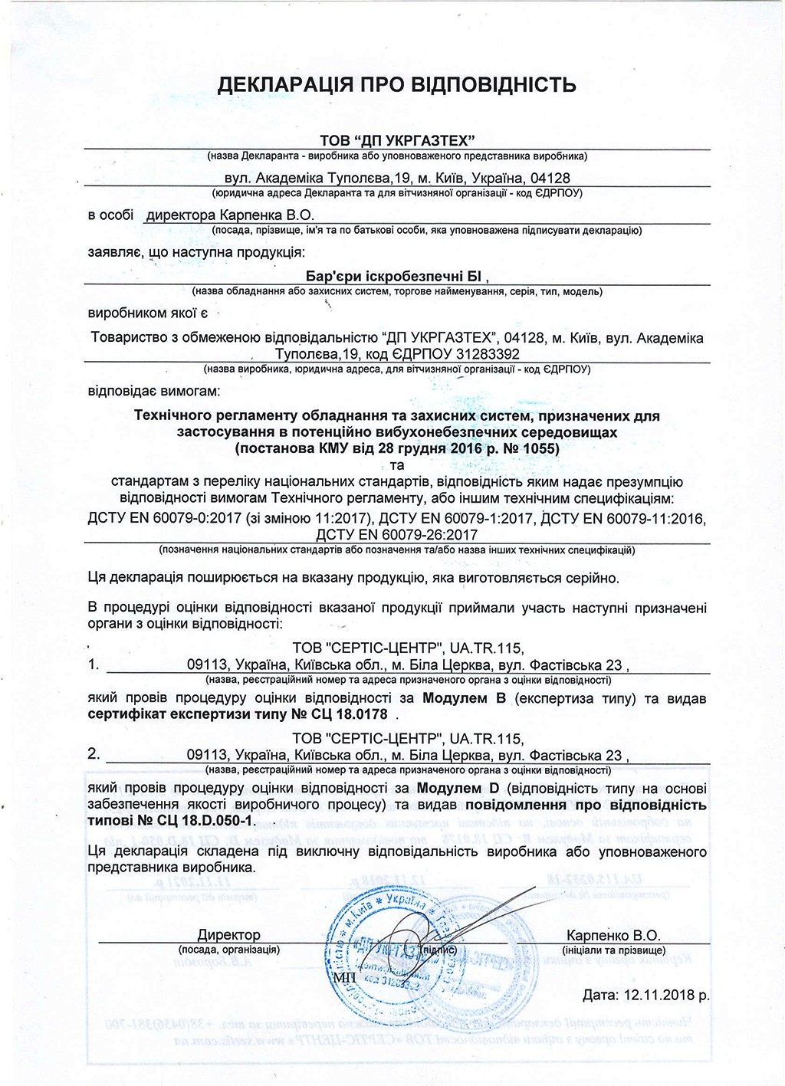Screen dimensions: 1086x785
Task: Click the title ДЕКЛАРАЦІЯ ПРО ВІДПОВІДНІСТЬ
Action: (396, 84)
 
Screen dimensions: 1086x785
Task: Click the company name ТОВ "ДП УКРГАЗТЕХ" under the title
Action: (397, 139)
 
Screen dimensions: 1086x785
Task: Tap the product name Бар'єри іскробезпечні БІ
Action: (396, 276)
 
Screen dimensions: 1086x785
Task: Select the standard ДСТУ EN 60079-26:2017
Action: (396, 535)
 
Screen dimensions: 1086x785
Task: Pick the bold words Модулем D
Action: (458, 789)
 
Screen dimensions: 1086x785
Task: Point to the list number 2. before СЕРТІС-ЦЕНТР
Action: (94, 754)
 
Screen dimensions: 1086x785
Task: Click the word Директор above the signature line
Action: (229, 935)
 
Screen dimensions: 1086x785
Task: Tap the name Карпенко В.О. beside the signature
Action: (613, 935)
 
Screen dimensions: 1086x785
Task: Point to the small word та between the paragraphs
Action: (396, 465)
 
